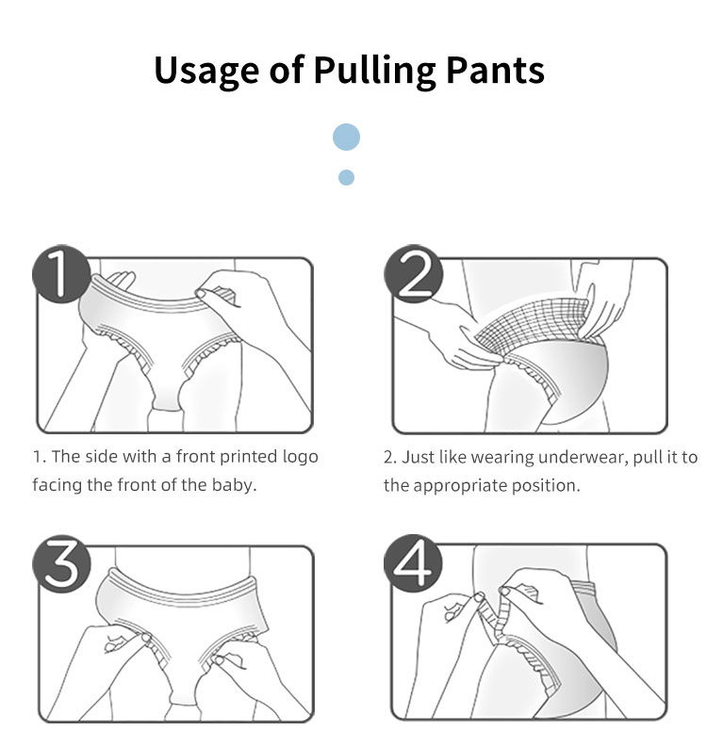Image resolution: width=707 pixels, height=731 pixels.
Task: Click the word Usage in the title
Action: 206,71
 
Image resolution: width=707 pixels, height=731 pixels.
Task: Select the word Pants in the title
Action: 495,70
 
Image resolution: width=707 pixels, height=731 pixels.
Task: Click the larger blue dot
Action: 346,138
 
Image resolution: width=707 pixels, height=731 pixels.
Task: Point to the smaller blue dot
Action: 346,178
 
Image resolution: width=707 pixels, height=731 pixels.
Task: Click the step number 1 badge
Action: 61,274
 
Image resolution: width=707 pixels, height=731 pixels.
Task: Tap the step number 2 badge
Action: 413,274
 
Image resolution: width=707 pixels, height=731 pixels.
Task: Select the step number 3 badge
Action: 61,564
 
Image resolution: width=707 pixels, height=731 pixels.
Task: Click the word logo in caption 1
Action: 301,457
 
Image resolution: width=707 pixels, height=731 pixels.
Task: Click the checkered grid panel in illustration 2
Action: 532,325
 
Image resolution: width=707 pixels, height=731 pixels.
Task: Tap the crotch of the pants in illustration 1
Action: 167,396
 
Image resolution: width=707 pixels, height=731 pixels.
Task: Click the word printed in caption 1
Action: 249,457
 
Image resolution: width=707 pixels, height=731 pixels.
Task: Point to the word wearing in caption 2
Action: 502,458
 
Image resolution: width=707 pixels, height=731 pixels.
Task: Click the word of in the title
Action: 287,70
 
